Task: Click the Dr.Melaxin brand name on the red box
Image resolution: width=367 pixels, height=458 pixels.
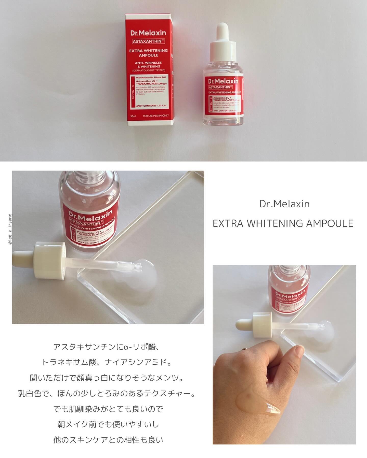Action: point(148,33)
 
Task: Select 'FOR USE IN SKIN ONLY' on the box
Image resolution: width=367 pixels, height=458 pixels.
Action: point(156,116)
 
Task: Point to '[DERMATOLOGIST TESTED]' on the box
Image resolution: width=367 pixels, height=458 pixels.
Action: point(148,70)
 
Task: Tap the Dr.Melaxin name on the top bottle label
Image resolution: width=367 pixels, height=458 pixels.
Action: point(223,81)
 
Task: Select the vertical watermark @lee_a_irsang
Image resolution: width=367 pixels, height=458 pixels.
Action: point(10,229)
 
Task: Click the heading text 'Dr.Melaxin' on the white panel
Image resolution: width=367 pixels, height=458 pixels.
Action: point(284,204)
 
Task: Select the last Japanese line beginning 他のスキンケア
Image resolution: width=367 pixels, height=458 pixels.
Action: point(108,440)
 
